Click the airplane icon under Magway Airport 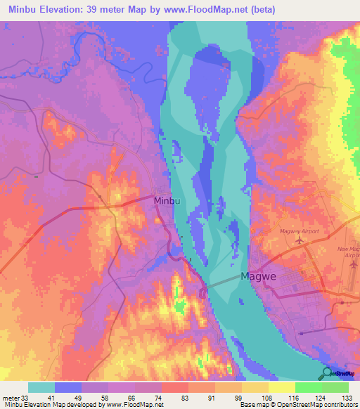pos(301,240)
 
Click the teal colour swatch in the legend pos(41,387)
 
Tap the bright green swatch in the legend pos(309,387)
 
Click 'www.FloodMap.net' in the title pos(212,9)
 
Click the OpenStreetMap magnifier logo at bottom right pos(327,374)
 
